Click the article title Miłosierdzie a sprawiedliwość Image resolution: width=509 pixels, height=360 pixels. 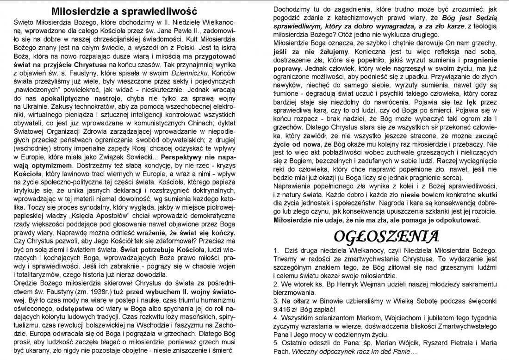124,10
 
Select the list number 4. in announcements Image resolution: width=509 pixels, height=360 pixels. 276,318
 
